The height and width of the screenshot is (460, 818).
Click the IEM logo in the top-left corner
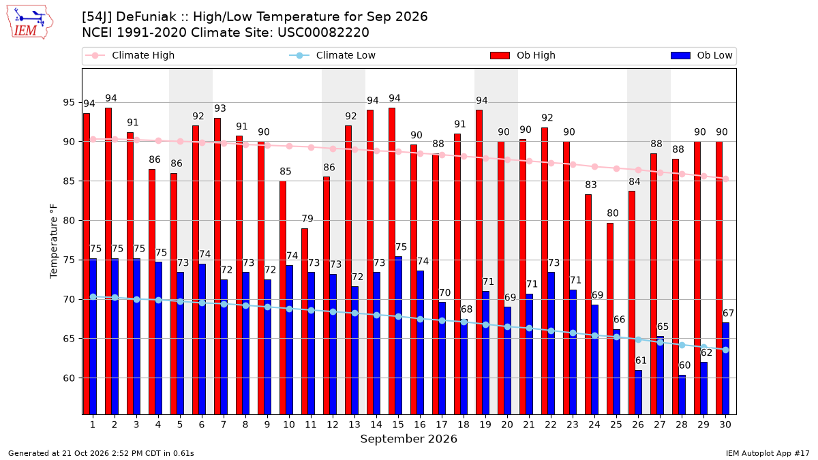(30, 22)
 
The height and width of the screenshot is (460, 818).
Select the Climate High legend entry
(130, 55)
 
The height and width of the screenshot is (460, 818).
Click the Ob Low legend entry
(701, 55)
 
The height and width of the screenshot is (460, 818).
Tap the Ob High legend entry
(523, 55)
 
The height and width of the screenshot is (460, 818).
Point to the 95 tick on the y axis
(69, 103)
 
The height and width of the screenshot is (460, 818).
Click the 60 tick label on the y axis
(69, 378)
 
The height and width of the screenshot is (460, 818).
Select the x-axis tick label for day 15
(398, 425)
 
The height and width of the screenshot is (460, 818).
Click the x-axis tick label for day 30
(725, 425)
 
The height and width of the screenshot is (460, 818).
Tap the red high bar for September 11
(305, 322)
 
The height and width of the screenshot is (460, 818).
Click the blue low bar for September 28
(682, 395)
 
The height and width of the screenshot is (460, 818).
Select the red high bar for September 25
(610, 319)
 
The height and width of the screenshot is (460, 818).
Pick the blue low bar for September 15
(398, 335)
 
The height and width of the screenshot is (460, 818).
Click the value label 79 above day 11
(307, 219)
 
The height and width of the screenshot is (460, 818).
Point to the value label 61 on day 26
(641, 361)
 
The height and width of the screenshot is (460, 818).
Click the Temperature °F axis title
(54, 241)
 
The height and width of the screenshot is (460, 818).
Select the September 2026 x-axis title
(408, 439)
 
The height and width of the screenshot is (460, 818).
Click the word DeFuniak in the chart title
(146, 17)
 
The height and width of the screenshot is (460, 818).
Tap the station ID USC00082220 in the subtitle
(323, 33)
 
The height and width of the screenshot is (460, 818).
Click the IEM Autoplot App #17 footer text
(768, 453)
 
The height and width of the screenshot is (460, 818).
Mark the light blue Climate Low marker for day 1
(93, 297)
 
